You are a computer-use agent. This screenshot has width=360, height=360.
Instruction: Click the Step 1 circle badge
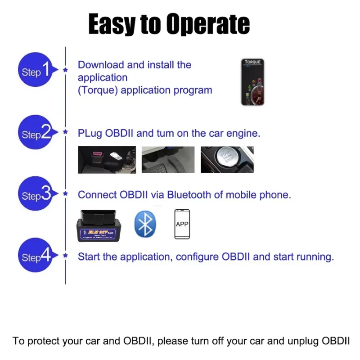[x=36, y=71]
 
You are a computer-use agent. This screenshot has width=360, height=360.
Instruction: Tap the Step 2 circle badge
[x=36, y=133]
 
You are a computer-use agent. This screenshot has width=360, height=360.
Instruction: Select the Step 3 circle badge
[x=36, y=195]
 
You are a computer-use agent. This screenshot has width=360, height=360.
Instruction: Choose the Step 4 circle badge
[x=36, y=256]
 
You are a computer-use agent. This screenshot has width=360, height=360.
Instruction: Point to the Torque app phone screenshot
[x=252, y=82]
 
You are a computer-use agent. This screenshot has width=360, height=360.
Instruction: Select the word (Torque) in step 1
[x=98, y=90]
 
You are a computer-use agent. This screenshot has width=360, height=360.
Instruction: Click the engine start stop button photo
[x=227, y=159]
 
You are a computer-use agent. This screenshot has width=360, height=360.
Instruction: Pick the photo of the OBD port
[x=107, y=159]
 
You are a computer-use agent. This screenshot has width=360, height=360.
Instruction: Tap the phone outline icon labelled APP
[x=182, y=224]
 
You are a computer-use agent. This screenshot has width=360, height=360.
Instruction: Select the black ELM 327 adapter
[x=98, y=225]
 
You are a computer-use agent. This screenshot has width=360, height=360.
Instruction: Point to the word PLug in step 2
[x=90, y=134]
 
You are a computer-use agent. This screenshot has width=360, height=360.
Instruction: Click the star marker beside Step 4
[x=66, y=256]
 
